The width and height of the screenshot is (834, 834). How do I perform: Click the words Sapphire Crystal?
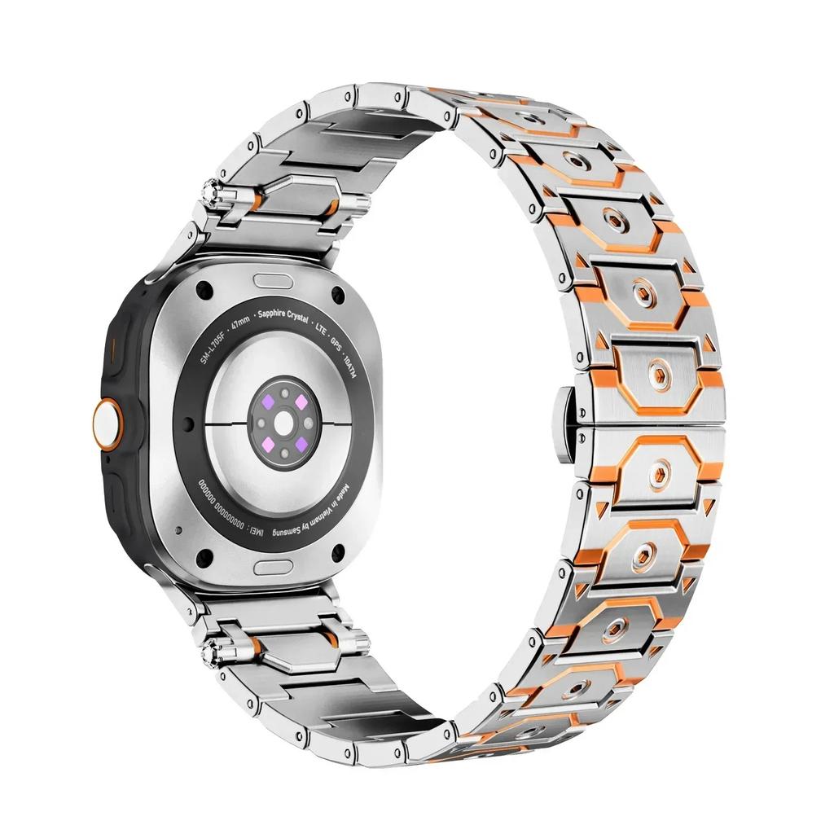click(282, 314)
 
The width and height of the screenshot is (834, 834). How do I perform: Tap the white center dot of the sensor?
click(283, 424)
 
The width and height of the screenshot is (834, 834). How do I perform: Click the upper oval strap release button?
click(273, 280)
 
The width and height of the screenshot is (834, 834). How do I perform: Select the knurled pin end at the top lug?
click(220, 194)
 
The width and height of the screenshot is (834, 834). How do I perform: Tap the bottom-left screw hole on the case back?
click(204, 557)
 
